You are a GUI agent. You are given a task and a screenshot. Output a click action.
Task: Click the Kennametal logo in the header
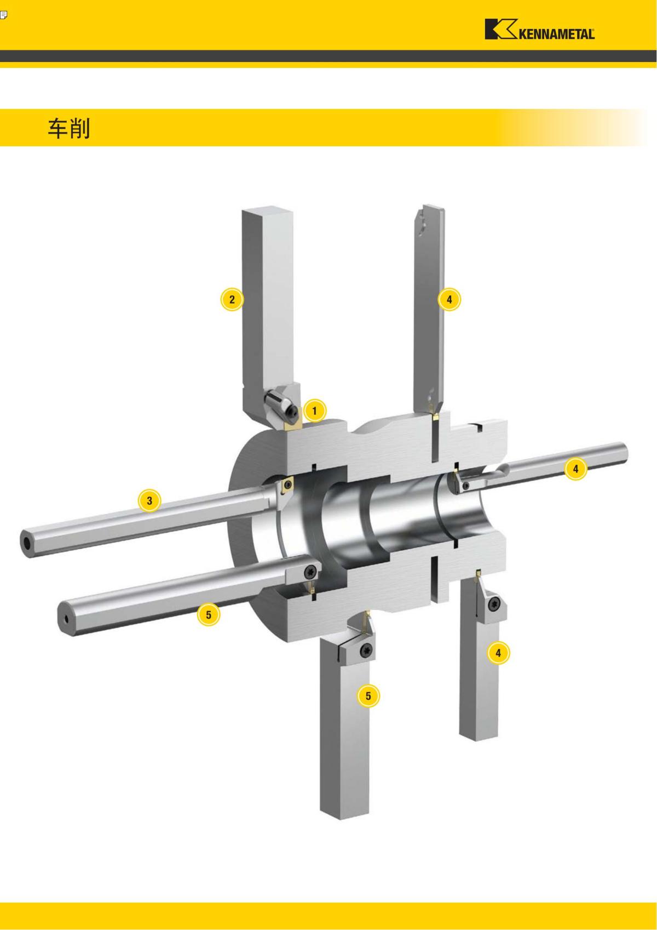(539, 30)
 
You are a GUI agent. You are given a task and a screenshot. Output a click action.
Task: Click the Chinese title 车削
(69, 128)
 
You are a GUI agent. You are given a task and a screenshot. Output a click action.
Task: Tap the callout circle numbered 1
(314, 411)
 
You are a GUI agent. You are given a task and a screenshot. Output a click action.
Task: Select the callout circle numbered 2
(232, 299)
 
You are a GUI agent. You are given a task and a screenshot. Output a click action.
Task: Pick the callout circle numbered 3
(149, 501)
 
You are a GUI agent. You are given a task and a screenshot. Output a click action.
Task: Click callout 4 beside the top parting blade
(449, 299)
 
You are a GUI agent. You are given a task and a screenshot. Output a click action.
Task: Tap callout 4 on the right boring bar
(575, 469)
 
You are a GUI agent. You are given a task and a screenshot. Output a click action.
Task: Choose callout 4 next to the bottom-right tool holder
(498, 653)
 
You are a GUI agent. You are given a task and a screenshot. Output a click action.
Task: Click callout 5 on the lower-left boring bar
(208, 614)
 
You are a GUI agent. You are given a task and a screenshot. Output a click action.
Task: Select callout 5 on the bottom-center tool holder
(368, 695)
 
